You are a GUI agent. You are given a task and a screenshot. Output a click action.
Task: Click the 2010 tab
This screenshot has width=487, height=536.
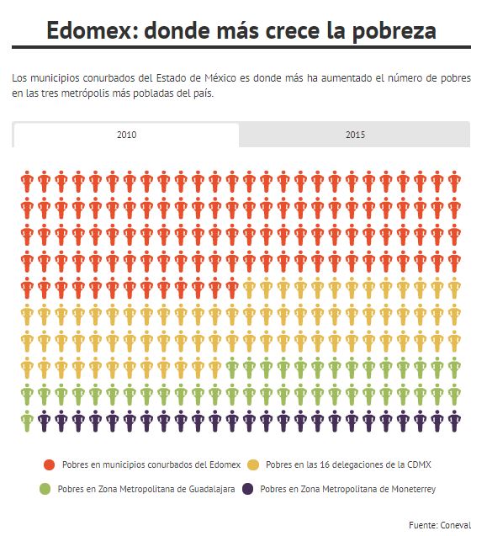[x=126, y=135]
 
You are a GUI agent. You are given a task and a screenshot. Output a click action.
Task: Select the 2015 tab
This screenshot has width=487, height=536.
[x=355, y=135]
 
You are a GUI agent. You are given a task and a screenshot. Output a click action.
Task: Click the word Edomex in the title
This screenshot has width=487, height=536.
[x=89, y=30]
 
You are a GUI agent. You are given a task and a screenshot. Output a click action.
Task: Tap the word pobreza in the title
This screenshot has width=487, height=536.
[x=394, y=31]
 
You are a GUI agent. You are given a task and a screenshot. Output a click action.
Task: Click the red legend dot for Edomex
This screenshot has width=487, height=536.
[x=50, y=464]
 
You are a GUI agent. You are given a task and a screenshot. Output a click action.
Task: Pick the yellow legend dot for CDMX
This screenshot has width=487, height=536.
[x=253, y=464]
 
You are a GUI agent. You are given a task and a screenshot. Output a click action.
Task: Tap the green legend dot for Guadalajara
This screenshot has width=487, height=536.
[x=45, y=489]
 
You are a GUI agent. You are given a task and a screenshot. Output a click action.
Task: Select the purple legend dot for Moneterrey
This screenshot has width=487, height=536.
[x=247, y=489]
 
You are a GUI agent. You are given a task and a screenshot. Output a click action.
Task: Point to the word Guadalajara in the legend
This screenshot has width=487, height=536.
[x=212, y=490]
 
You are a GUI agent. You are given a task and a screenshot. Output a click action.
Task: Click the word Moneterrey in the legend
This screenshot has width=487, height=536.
[x=414, y=490]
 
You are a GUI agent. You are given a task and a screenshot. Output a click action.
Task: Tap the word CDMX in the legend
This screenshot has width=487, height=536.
[x=420, y=464]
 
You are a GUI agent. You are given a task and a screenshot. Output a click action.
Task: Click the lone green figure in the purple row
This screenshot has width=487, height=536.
[x=27, y=421]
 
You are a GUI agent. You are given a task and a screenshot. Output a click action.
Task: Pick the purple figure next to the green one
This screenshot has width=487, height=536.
[x=44, y=421]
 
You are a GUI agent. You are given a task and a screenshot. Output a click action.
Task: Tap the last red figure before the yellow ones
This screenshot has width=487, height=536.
[x=232, y=288]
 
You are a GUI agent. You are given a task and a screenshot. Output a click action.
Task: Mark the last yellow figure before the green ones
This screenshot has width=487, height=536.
[x=215, y=368]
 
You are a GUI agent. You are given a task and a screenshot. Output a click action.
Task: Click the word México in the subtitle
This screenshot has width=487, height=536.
[x=220, y=78]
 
